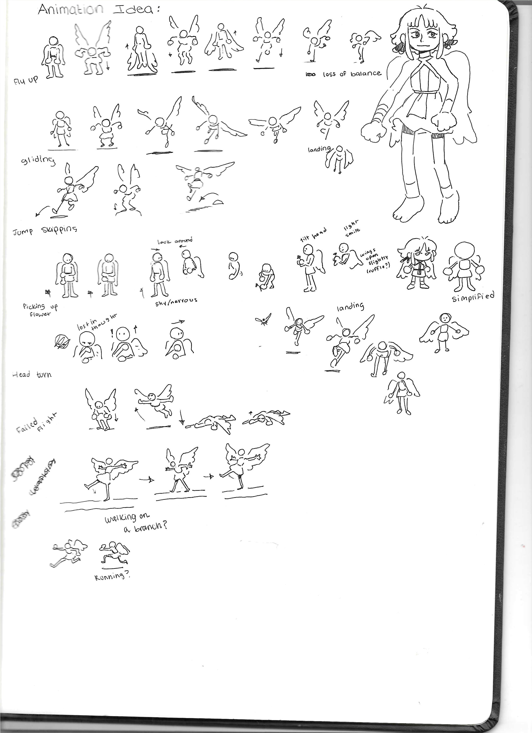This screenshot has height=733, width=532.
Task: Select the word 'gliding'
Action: [x=38, y=160]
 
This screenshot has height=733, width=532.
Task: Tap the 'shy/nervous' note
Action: [x=176, y=301]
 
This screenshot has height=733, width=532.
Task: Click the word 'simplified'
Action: [x=473, y=297]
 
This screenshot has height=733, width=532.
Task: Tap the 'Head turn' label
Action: [x=32, y=375]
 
